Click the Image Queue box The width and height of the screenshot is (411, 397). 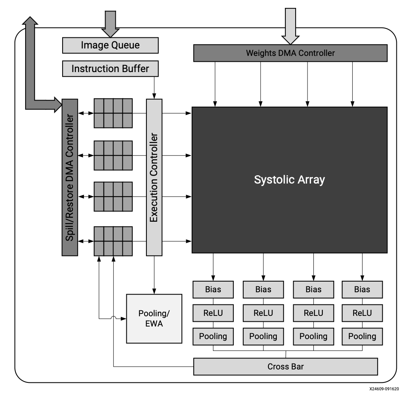click(110, 45)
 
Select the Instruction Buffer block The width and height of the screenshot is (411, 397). click(110, 69)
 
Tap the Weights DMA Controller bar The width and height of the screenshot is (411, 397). click(290, 53)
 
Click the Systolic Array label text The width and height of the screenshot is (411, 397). click(289, 180)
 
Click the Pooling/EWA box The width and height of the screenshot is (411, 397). click(154, 318)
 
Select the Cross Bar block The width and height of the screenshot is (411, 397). click(286, 367)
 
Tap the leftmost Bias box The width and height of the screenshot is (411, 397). click(213, 289)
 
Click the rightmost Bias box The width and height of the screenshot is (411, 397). click(362, 289)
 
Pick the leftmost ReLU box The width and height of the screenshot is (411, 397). click(213, 313)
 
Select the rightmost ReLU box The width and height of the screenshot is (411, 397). click(362, 313)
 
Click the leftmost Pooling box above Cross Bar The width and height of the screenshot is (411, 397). click(213, 336)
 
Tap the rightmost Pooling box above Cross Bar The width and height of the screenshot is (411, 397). click(362, 336)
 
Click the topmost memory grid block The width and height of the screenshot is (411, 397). click(113, 113)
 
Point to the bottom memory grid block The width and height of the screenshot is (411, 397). click(113, 241)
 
